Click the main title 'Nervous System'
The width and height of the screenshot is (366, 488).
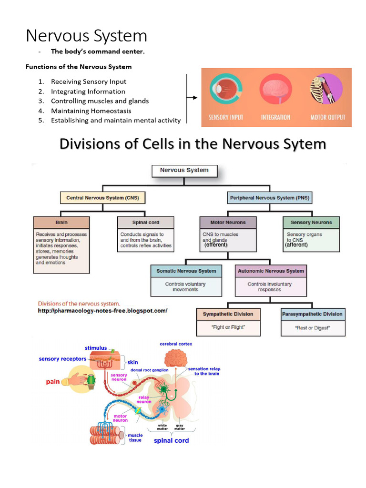86,36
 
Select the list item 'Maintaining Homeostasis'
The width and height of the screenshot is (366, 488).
91,111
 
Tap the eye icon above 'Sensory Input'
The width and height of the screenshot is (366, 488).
225,91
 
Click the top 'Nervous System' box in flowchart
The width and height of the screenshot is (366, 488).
184,170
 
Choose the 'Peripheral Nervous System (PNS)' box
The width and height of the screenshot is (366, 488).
269,197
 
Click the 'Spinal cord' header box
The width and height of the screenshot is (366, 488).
146,223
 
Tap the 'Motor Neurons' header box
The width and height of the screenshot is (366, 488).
228,223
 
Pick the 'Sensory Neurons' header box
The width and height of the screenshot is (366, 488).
311,223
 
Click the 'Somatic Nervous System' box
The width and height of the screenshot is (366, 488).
186,271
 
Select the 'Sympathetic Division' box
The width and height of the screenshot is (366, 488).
228,315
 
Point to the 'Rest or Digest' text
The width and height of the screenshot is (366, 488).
312,328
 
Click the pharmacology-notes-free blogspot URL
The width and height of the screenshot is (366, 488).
102,311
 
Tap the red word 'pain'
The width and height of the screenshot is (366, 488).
53,382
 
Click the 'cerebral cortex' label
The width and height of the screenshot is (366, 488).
176,344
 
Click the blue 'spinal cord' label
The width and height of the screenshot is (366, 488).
171,440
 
